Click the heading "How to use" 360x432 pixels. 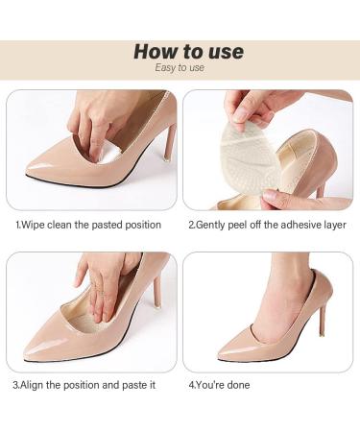pyautogui.click(x=189, y=52)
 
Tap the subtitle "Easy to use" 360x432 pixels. pyautogui.click(x=180, y=67)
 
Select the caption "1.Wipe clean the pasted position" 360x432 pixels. pyautogui.click(x=88, y=225)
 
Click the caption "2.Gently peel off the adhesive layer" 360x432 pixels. pyautogui.click(x=267, y=225)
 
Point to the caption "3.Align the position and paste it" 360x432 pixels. pyautogui.click(x=84, y=385)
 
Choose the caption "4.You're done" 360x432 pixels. pyautogui.click(x=219, y=385)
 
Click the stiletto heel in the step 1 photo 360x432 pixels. pyautogui.click(x=170, y=141)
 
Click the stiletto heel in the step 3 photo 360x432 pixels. pyautogui.click(x=157, y=293)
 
